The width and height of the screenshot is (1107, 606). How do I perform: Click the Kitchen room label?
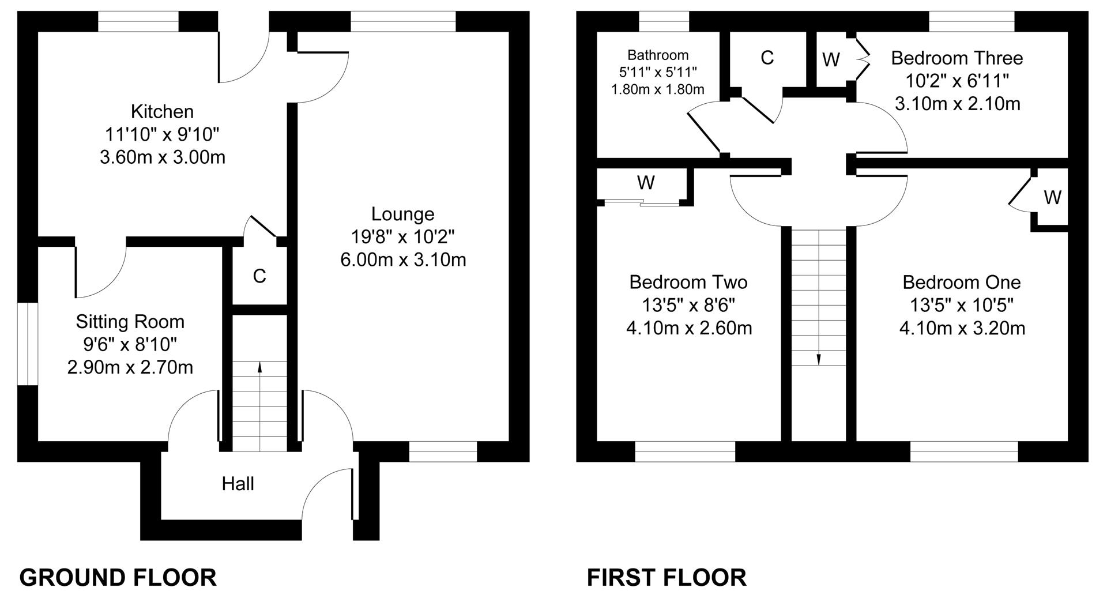(162, 111)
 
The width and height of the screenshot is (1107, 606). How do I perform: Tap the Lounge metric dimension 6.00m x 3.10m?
(403, 259)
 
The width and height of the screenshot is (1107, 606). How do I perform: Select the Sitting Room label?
(130, 321)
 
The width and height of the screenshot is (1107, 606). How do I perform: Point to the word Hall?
(238, 483)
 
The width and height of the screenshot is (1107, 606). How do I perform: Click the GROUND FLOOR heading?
(118, 577)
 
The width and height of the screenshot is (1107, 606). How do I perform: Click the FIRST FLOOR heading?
(667, 577)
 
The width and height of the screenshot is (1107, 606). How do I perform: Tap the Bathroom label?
(658, 55)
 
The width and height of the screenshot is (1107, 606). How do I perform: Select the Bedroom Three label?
(957, 58)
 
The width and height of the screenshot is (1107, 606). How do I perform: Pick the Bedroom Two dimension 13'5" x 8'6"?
(689, 304)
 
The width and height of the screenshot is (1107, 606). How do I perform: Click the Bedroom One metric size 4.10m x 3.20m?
(962, 328)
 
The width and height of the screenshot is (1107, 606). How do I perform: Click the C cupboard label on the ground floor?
(259, 276)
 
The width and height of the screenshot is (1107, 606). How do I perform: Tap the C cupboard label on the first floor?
(767, 58)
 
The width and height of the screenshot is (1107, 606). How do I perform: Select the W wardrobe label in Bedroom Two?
(646, 183)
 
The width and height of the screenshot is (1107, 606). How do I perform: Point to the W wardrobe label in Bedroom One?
(1052, 197)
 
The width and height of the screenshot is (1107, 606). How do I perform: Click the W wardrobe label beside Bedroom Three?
(831, 59)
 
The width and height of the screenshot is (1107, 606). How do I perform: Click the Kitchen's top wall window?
(138, 21)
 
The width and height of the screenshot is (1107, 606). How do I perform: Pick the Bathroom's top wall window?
(664, 21)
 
